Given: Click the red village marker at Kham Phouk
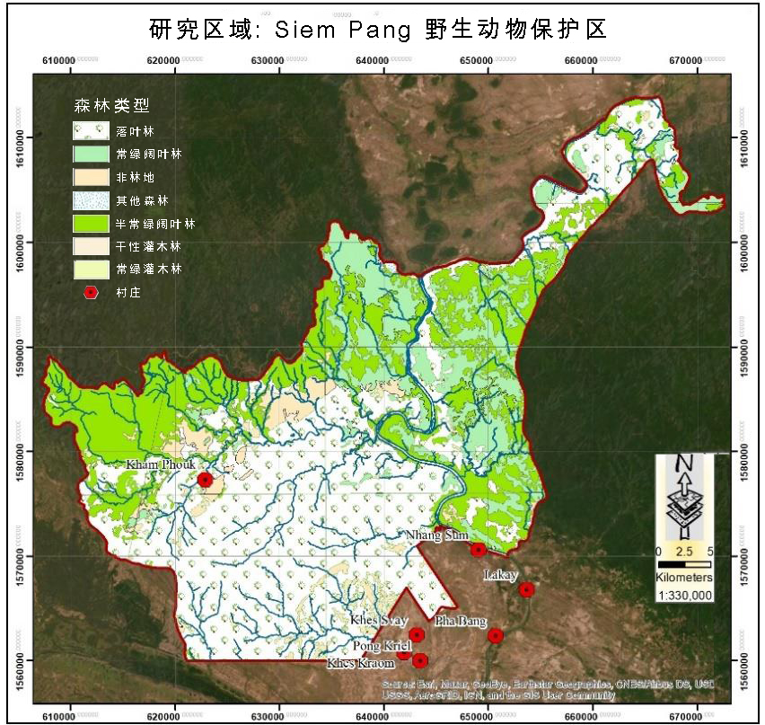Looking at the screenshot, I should [205, 480].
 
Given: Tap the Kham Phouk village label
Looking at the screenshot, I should [160, 464].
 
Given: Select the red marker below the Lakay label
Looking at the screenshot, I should [527, 589].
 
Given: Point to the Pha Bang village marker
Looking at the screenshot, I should [496, 635].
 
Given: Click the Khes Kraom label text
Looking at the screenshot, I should [360, 663].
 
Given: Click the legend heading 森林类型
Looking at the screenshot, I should [110, 105].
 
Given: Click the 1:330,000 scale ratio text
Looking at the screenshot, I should [684, 595].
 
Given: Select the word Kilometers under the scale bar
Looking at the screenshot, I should [684, 577].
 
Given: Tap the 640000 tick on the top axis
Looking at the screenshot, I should [375, 60].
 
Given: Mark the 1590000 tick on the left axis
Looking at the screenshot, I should [18, 347].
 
